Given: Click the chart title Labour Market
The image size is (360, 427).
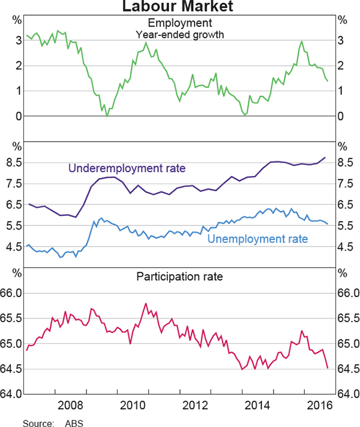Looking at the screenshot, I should tap(179, 7).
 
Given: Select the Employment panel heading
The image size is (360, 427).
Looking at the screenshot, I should tap(180, 23).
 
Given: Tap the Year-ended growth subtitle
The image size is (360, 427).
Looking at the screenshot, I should tap(180, 34).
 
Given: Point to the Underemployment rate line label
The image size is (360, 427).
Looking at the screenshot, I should tap(127, 168).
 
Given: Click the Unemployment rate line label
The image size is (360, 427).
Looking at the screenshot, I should tap(257, 239).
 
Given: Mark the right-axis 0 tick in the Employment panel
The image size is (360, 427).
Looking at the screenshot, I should tap(341, 116).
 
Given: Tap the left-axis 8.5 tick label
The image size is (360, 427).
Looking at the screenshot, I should tap(14, 163).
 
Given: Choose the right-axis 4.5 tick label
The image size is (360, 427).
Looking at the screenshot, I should tap(346, 246).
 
